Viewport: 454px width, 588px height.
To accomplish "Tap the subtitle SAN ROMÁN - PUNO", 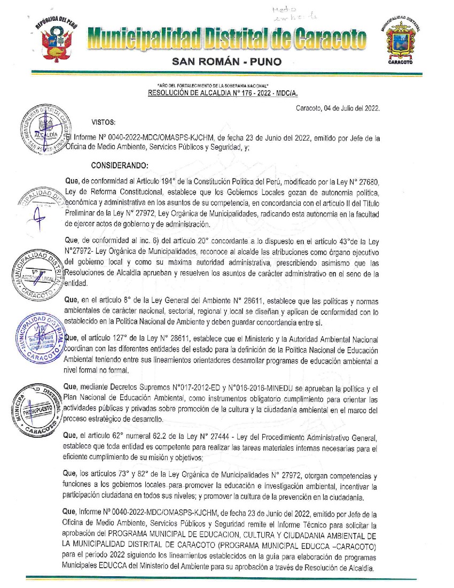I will tap(226, 63).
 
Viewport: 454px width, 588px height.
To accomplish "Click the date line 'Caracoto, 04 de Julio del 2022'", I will tap(338, 108).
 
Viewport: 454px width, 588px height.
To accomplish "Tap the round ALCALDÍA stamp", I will tap(45, 132).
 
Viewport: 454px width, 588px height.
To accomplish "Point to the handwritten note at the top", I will tap(288, 14).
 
